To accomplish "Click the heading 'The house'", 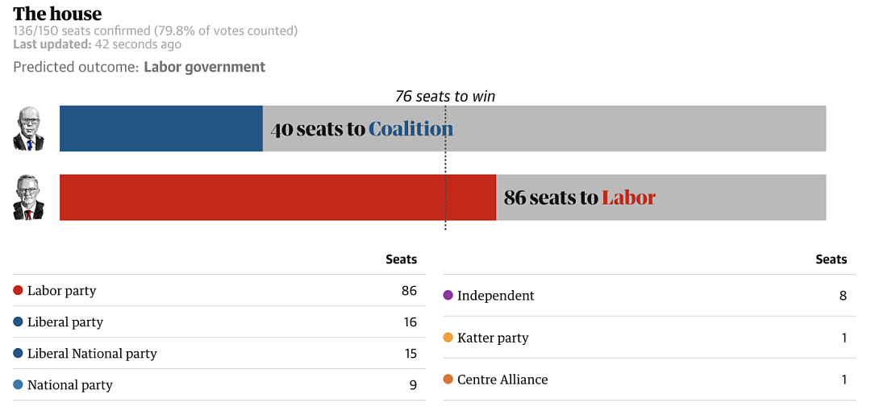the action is click(x=57, y=14).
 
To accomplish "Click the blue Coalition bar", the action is click(x=161, y=128).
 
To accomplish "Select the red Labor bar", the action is click(x=277, y=197).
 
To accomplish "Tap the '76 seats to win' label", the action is click(x=445, y=97).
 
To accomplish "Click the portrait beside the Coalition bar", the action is click(x=28, y=128).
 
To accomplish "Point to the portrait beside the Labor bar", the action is click(x=28, y=197).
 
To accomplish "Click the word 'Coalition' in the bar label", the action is click(x=411, y=129).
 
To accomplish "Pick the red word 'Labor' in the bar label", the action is click(x=628, y=197).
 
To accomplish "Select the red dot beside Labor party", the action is click(x=18, y=290).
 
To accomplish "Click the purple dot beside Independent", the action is click(x=448, y=295).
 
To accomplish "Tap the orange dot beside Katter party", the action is click(x=448, y=338).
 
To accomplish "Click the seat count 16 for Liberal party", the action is click(x=410, y=322).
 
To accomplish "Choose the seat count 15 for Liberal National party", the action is click(x=410, y=354).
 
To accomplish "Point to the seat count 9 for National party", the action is click(x=413, y=384).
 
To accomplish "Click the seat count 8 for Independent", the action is click(x=844, y=295).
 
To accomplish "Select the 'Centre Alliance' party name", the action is click(x=502, y=380).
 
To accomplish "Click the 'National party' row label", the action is click(x=70, y=385).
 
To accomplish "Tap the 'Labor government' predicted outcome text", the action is click(x=204, y=67).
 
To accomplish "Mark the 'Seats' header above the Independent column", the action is click(x=831, y=259).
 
